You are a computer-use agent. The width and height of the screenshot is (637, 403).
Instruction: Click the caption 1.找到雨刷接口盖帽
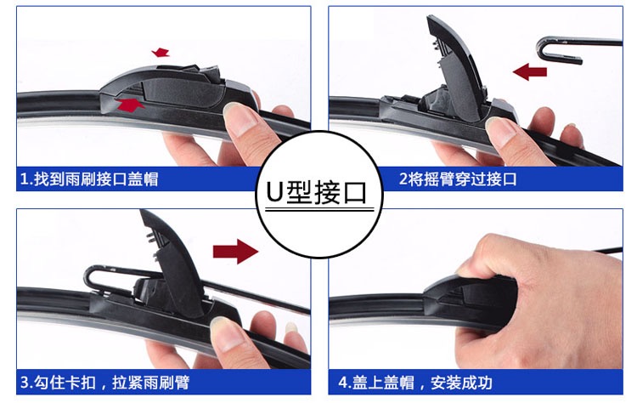coord(89,179)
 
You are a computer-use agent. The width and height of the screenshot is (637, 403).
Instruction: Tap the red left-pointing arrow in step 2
coord(530,71)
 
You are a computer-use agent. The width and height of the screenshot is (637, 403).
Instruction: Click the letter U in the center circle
coord(274,192)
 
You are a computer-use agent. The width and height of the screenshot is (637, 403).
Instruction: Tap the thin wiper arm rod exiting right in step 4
coord(615,250)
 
